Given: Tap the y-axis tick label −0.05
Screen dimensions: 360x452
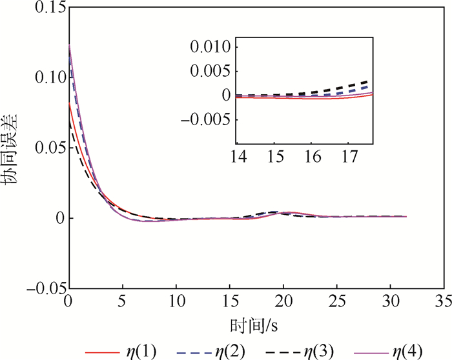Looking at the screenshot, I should point(44,288).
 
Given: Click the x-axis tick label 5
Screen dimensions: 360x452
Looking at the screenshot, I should point(122,301).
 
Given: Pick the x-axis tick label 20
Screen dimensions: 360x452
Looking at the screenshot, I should point(283,301).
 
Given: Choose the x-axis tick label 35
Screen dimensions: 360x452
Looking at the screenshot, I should point(444,301).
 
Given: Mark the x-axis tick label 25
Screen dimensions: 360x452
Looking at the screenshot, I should point(336,301).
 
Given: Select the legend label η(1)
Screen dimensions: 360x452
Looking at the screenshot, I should point(139,351).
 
